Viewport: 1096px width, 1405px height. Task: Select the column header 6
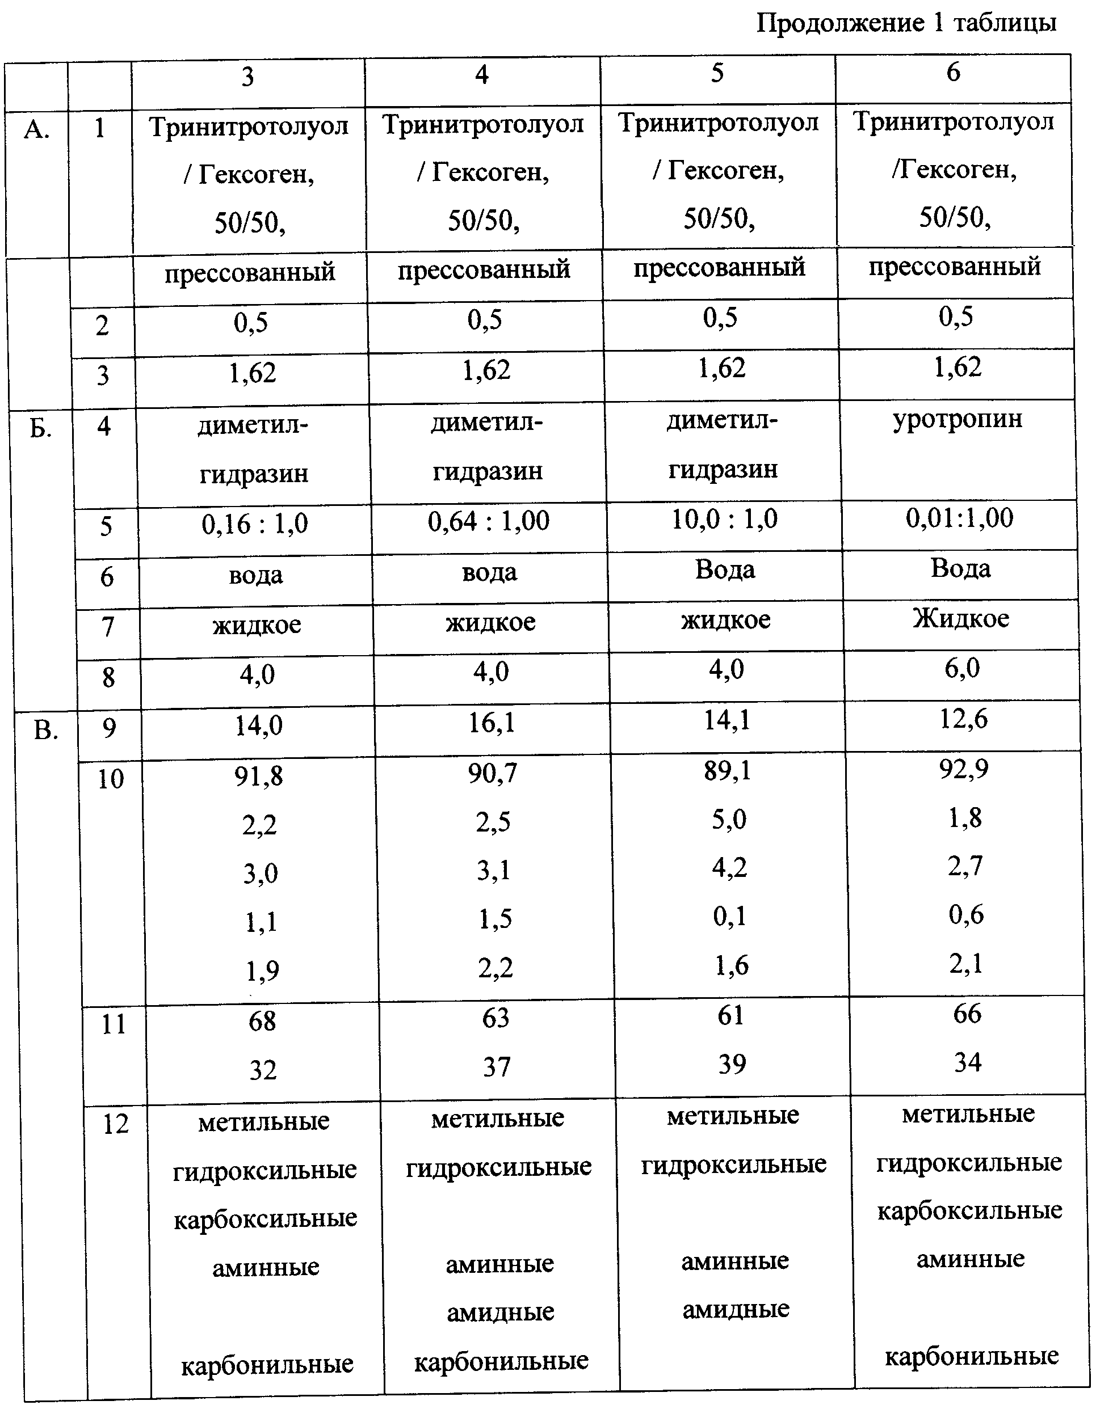953,72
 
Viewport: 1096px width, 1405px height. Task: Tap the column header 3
248,77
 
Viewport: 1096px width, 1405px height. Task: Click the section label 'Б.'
40,428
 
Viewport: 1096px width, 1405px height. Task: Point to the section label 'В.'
45,731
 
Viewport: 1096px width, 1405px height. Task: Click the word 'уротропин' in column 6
957,419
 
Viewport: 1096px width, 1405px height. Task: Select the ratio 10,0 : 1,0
724,518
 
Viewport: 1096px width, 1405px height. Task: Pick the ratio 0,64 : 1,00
489,521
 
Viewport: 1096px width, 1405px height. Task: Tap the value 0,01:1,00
959,517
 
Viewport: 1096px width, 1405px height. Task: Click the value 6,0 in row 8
961,668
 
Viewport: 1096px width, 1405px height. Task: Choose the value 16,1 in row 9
492,723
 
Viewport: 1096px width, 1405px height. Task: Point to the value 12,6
963,719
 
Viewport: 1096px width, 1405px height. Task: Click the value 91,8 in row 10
258,777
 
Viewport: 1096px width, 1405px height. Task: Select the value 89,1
727,771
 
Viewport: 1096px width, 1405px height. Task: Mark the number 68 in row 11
262,1021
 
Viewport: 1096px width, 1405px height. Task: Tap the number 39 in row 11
732,1065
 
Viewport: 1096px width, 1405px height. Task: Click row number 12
116,1124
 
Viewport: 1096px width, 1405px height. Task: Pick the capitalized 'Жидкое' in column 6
960,618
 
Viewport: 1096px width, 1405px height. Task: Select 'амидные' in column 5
736,1309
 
